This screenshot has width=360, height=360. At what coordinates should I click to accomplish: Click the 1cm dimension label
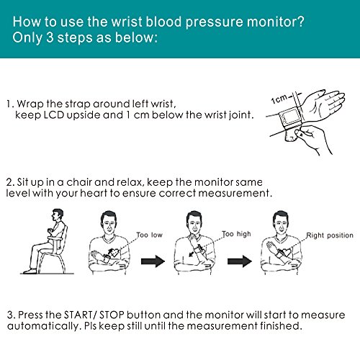tap(279, 99)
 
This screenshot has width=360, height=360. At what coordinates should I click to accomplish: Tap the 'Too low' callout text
tap(150, 235)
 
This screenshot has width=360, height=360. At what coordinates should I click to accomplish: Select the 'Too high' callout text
tap(236, 234)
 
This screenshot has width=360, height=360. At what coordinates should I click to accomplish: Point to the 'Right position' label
tap(330, 235)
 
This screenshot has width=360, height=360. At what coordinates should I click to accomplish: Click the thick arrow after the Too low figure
tap(153, 261)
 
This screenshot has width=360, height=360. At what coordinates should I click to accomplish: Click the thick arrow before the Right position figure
tap(240, 261)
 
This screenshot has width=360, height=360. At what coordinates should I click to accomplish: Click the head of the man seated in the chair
tap(58, 215)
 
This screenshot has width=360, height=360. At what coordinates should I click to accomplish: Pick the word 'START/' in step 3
tap(80, 315)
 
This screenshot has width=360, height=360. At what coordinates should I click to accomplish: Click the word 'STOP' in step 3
tap(112, 315)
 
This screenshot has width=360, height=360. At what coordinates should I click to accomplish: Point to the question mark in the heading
tap(301, 22)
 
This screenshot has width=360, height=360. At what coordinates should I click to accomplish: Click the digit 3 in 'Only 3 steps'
tap(50, 37)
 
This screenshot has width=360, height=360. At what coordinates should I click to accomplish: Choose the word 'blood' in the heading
tap(163, 22)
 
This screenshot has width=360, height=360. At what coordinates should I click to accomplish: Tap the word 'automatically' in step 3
tap(42, 326)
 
